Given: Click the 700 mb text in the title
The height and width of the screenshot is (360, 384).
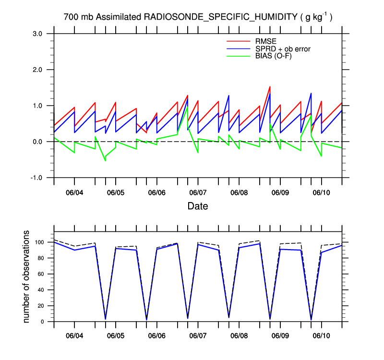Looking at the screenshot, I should coord(79,17).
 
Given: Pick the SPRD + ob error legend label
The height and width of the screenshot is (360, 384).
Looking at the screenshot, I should coord(283,48).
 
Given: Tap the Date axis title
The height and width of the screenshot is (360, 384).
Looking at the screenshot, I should coord(197,206).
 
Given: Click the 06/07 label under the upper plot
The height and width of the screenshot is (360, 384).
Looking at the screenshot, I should coord(198,192).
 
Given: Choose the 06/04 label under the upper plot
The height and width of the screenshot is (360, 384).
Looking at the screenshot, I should coord(74,192).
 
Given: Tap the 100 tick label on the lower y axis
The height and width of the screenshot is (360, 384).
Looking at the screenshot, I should coord(41,242).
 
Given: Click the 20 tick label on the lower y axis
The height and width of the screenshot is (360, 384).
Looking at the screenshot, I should coord(43,306).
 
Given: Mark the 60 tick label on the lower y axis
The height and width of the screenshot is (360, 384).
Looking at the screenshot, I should coord(43,274).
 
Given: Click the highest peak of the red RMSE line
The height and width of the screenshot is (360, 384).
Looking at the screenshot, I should coord(270,87).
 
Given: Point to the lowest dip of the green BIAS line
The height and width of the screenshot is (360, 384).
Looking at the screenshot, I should coord(105,160).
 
